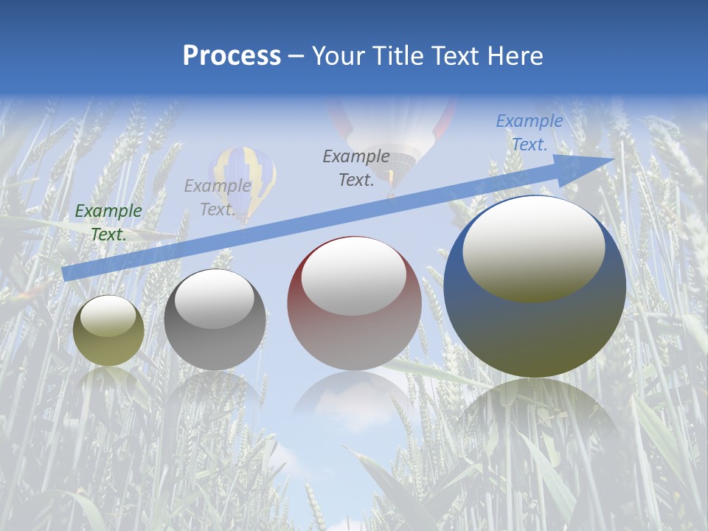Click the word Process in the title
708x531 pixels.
pyautogui.click(x=232, y=56)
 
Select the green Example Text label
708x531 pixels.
pyautogui.click(x=108, y=223)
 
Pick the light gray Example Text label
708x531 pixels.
pyautogui.click(x=218, y=198)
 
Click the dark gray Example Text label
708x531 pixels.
pyautogui.click(x=356, y=167)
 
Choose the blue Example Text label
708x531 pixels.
pyautogui.click(x=530, y=133)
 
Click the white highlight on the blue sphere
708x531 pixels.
pyautogui.click(x=533, y=247)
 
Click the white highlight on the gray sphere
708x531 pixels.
pyautogui.click(x=215, y=299)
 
